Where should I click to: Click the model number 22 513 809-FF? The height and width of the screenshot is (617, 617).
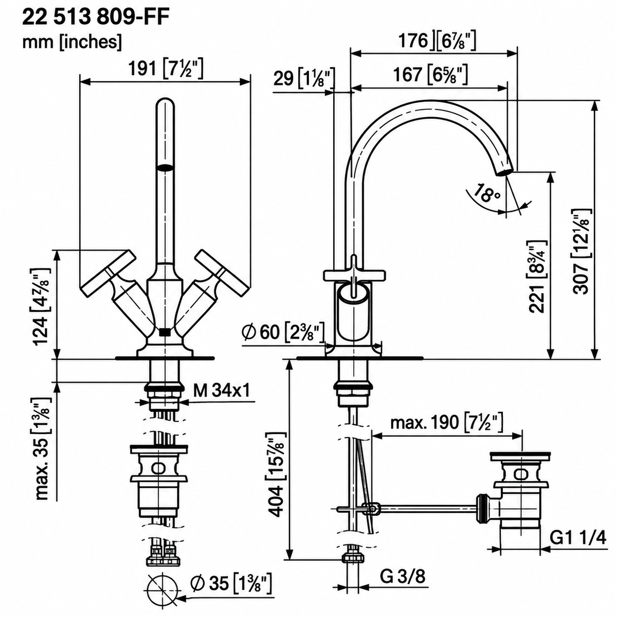click(96, 17)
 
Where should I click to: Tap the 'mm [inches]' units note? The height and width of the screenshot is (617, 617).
click(72, 42)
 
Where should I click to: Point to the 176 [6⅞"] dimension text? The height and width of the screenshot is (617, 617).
click(437, 41)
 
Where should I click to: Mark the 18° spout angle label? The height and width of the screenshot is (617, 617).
click(485, 193)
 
